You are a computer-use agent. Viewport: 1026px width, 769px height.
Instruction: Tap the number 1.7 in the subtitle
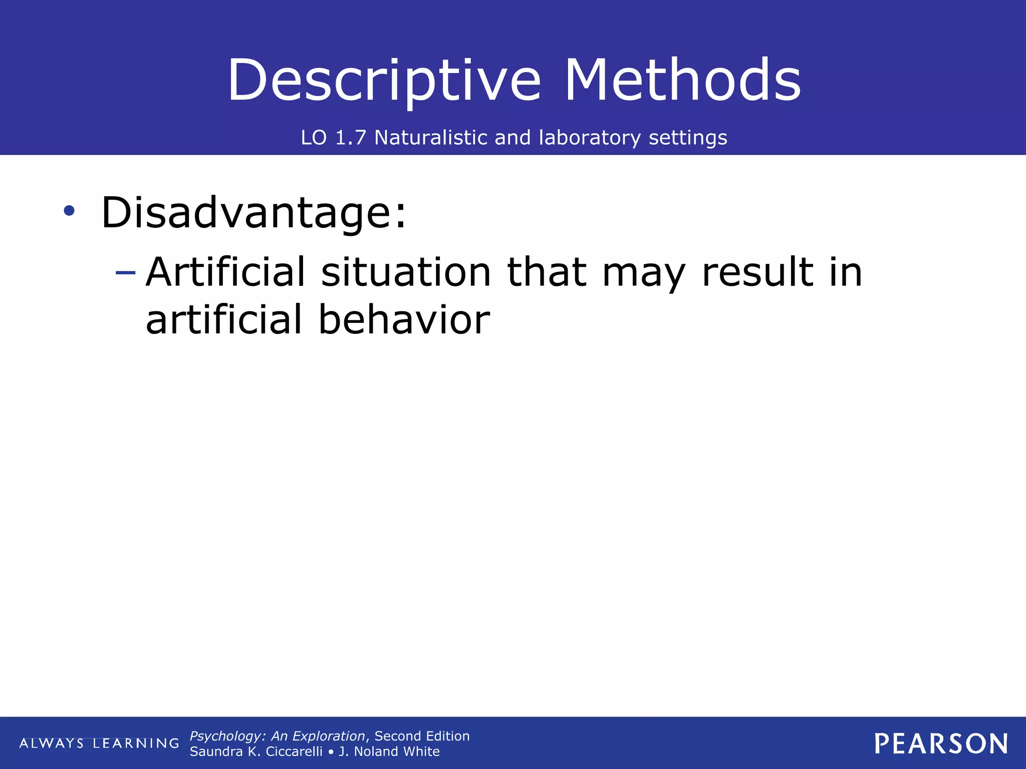click(x=350, y=138)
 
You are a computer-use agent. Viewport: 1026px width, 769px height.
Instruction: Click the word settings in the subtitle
click(x=687, y=138)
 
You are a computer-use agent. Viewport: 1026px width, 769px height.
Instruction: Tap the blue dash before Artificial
click(x=125, y=273)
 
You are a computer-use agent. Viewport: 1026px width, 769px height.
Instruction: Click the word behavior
click(x=404, y=319)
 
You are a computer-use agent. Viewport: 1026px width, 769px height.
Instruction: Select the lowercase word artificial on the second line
click(x=224, y=319)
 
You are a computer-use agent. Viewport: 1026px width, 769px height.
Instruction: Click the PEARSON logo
click(x=941, y=743)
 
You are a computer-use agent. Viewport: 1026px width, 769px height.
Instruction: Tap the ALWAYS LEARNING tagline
click(x=99, y=743)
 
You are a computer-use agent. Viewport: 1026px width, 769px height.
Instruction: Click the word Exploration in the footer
click(x=328, y=736)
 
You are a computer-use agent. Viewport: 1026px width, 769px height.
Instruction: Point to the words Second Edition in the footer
click(x=422, y=736)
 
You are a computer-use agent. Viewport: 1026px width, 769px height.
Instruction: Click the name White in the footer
click(x=421, y=751)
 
